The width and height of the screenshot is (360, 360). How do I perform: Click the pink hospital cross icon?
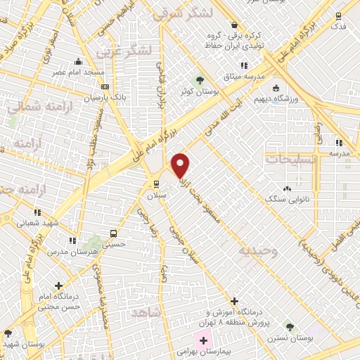pos(204,340)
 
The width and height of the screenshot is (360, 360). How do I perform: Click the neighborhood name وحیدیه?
pos(257,251)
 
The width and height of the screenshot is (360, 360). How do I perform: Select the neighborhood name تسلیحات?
pos(290,159)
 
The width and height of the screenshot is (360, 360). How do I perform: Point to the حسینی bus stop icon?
pos(112,233)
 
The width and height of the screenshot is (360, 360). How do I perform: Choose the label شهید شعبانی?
pos(34,223)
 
